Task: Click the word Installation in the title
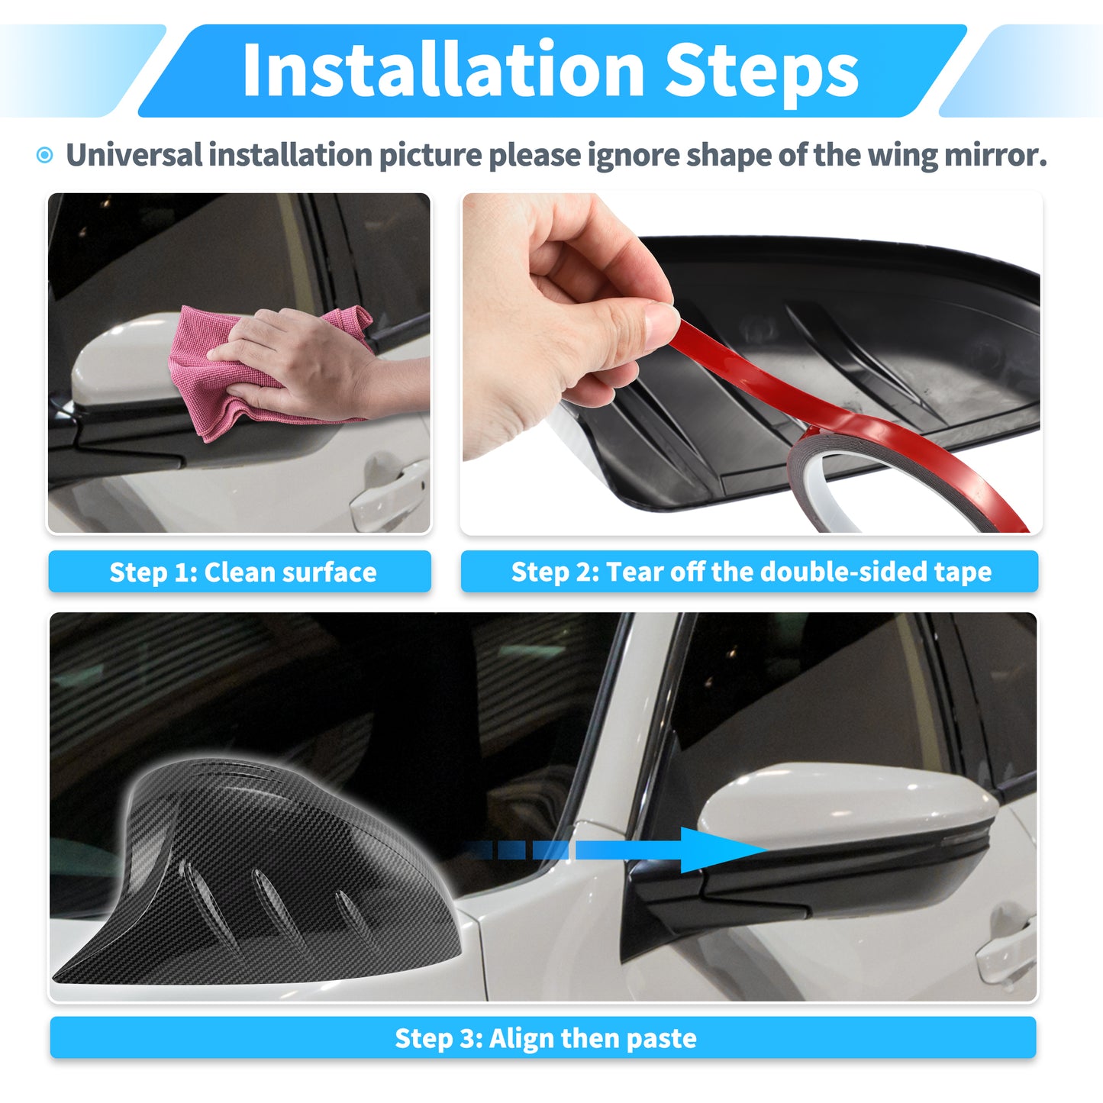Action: click(443, 69)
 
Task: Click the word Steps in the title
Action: click(761, 73)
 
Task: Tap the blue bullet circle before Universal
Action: click(44, 154)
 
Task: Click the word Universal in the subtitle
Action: click(134, 154)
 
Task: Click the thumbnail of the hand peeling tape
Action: click(751, 363)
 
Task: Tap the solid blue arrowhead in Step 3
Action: click(722, 850)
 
